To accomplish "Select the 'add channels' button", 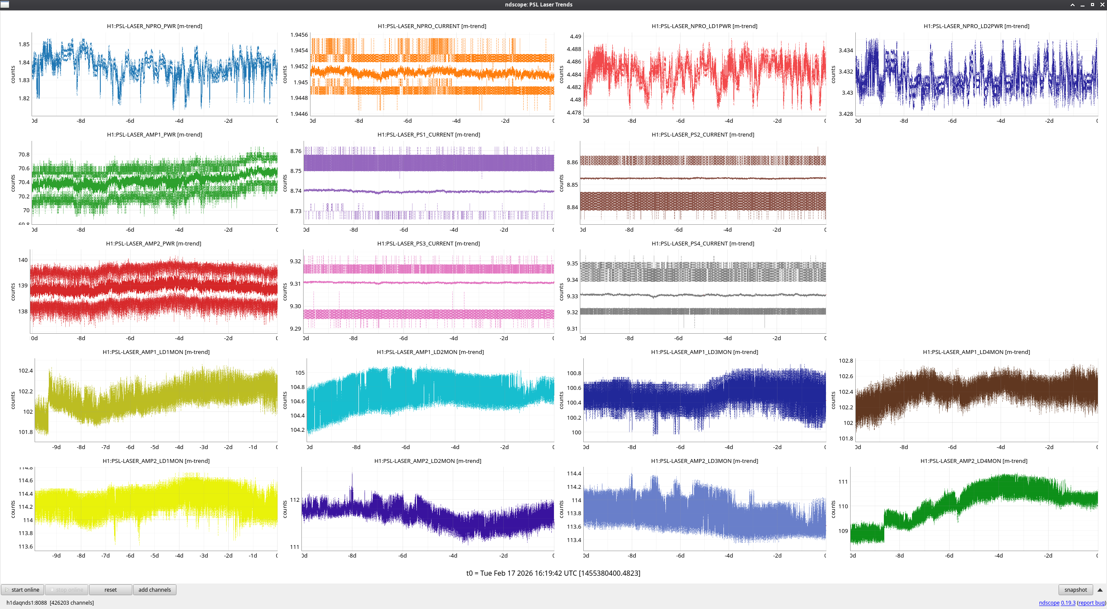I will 154,590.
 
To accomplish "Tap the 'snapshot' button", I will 1075,590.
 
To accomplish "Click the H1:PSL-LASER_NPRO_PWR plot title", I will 154,26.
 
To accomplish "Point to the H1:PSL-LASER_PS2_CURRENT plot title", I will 703,135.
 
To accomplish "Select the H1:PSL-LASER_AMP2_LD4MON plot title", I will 974,461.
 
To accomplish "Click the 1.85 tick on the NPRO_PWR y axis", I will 24,44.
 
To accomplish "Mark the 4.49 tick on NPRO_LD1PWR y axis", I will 576,37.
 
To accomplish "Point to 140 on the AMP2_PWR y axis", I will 23,260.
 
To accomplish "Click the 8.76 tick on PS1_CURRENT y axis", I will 296,151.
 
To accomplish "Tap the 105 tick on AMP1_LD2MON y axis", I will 300,373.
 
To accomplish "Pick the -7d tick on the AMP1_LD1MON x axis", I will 106,447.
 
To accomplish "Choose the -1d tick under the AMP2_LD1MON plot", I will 253,556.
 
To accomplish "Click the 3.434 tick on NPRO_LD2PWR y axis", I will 846,51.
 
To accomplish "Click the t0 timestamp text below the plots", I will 553,573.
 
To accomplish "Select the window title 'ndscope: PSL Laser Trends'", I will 538,5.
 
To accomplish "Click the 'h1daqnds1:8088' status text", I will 26,603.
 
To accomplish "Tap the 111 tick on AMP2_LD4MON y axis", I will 843,482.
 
